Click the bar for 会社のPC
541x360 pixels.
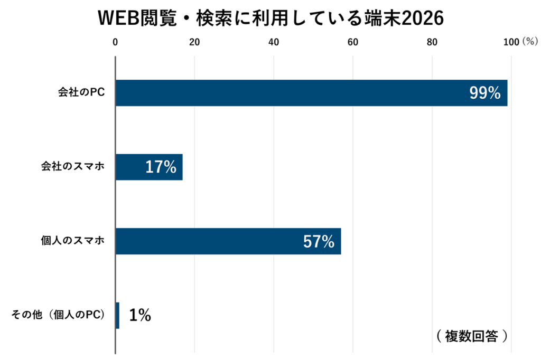click(312, 93)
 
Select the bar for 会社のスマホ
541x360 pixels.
click(149, 167)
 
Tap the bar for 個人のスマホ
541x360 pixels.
click(228, 241)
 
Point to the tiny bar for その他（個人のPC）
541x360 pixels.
click(118, 315)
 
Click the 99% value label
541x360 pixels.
click(485, 93)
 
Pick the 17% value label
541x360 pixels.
click(161, 167)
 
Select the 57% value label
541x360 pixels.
click(319, 241)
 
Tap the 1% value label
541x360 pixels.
click(140, 315)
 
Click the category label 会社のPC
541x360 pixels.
click(81, 92)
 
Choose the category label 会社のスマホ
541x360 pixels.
click(73, 166)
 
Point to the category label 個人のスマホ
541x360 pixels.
click(73, 240)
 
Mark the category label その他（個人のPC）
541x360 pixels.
click(58, 315)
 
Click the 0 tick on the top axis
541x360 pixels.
click(115, 42)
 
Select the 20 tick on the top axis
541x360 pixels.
click(194, 42)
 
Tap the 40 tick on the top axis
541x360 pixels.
click(274, 42)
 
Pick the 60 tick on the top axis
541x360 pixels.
click(352, 42)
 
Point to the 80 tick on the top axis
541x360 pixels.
click(432, 42)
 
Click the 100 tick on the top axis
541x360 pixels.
click(511, 42)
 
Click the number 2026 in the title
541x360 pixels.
click(423, 18)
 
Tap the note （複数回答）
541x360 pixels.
click(472, 336)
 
